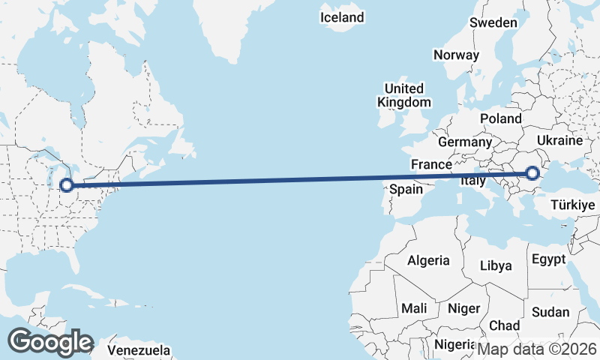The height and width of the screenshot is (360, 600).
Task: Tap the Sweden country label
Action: [493, 22]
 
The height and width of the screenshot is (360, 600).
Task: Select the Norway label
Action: [456, 55]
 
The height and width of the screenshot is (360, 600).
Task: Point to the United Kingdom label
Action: [404, 95]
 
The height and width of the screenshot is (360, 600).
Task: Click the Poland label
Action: [501, 118]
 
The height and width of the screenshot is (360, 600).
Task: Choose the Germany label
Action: [465, 142]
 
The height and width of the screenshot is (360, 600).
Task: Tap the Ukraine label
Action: [560, 140]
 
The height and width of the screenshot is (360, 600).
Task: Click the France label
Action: [431, 164]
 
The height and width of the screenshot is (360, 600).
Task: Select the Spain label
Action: [406, 190]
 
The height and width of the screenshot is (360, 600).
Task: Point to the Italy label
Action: [472, 181]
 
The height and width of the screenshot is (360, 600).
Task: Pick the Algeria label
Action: [428, 261]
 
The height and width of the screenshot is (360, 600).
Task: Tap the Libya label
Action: [496, 265]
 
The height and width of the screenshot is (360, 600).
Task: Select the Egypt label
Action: [547, 259]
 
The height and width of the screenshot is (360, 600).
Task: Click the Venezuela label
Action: [139, 350]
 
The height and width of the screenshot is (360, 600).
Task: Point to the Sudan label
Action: [550, 312]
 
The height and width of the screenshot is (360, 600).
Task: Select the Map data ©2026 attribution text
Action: [537, 349]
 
